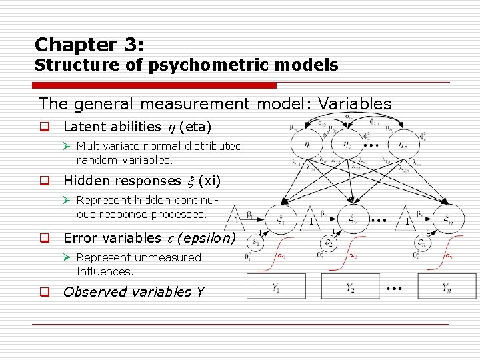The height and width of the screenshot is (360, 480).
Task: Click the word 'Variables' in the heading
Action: click(x=355, y=103)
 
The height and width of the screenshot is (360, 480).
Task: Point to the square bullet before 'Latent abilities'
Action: click(x=44, y=127)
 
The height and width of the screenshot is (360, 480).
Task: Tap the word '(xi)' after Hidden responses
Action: click(x=210, y=181)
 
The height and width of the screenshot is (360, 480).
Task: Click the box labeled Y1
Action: click(x=276, y=287)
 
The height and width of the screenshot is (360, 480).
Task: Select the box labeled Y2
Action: click(x=350, y=287)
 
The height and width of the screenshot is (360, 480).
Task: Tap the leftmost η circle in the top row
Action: click(x=305, y=144)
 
